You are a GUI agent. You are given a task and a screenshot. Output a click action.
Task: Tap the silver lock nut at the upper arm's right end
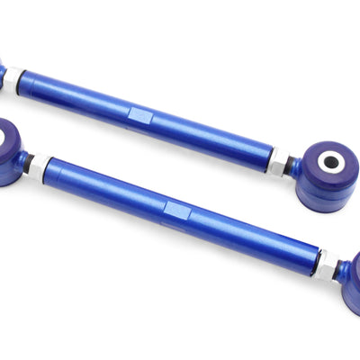tap(280, 162)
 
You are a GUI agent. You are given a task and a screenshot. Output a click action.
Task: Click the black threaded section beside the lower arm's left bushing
tap(28, 162)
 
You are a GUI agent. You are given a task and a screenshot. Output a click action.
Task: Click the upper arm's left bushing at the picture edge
tap(3, 74)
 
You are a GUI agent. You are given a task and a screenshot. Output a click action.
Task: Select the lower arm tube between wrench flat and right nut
tap(252, 239)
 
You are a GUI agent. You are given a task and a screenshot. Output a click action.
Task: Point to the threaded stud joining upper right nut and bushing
tap(292, 166)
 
